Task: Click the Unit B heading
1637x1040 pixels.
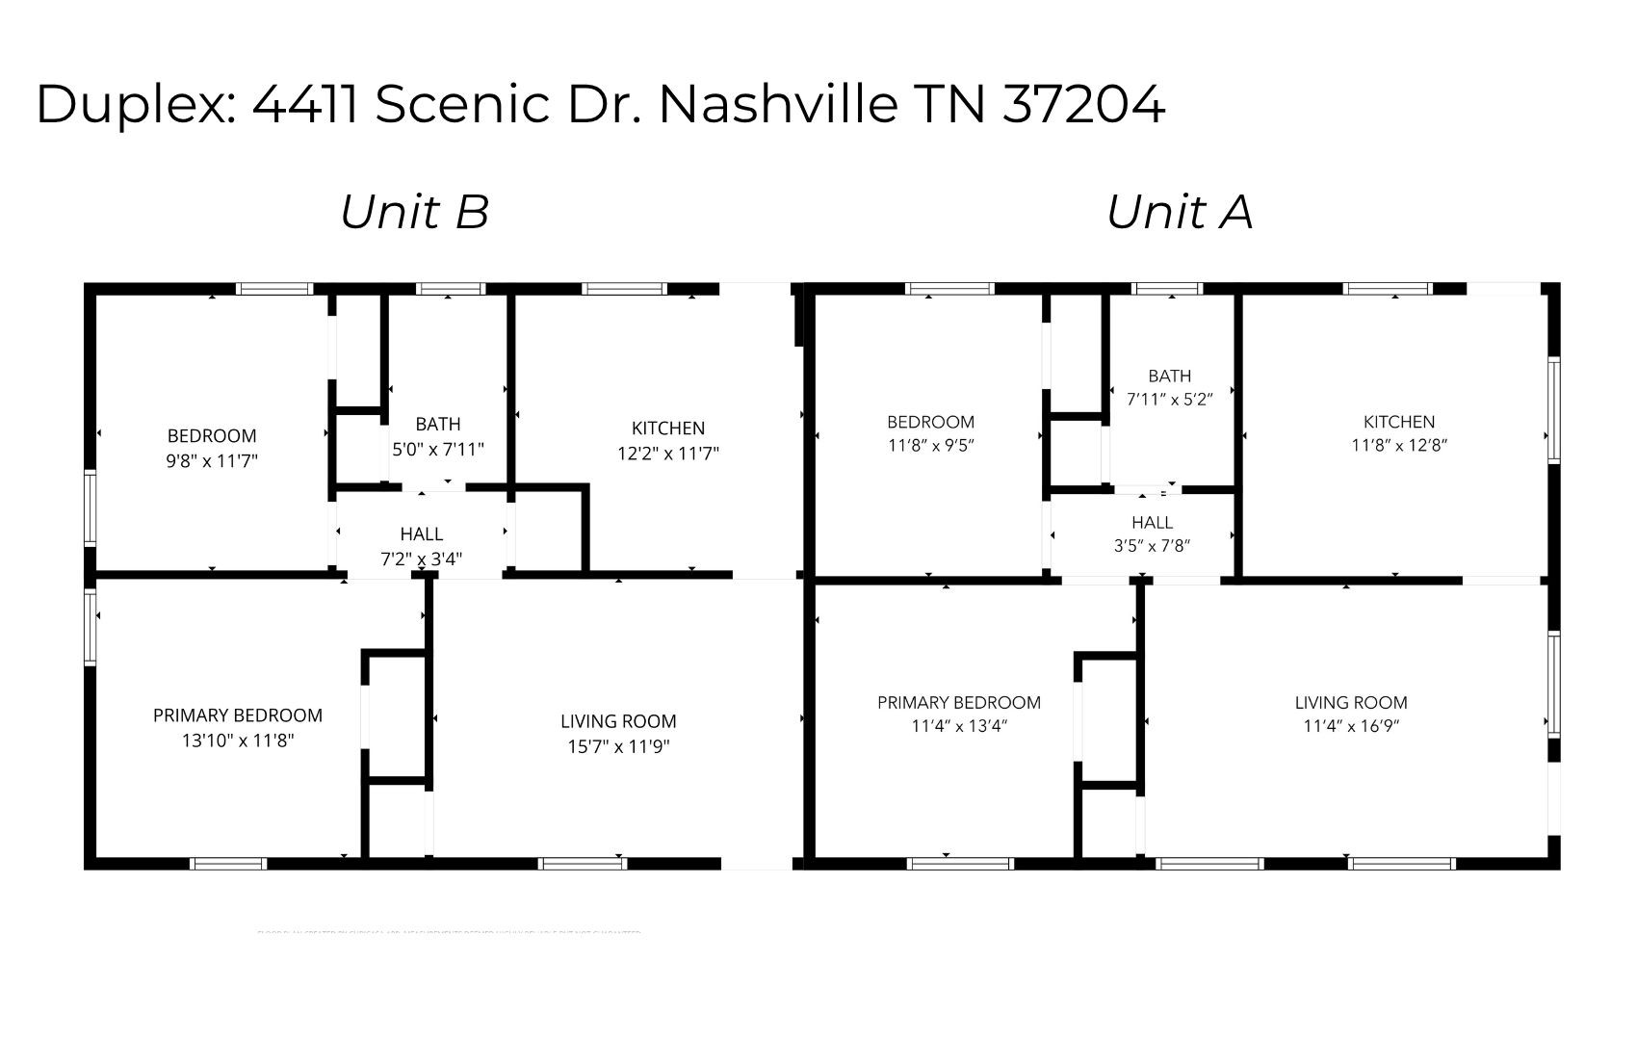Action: coord(415,212)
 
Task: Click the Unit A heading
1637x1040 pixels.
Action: coord(1180,212)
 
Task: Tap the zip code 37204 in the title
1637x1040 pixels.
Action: coord(1083,104)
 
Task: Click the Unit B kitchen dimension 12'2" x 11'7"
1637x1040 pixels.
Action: coord(668,454)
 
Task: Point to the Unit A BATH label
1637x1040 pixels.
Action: coord(1169,376)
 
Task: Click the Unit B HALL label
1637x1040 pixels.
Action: coord(422,533)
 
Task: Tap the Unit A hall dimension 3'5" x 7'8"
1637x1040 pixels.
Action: coord(1152,546)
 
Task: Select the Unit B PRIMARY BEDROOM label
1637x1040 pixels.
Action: coord(238,715)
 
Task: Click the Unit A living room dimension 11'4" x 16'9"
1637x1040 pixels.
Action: coord(1351,726)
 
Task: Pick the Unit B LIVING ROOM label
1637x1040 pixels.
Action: coord(618,721)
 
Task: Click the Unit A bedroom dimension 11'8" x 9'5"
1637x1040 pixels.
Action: coord(930,446)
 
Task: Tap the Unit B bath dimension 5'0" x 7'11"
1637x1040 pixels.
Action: coord(438,449)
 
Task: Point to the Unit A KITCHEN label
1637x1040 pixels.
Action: coord(1399,422)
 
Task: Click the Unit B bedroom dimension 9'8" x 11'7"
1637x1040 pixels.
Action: coord(212,460)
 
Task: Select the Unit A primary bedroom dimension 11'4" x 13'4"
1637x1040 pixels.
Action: coord(958,726)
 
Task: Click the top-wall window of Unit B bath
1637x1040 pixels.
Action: coord(451,288)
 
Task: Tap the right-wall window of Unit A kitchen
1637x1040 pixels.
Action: coord(1553,409)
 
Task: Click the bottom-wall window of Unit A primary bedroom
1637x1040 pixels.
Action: coord(961,864)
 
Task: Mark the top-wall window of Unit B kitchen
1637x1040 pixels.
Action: coord(625,288)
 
